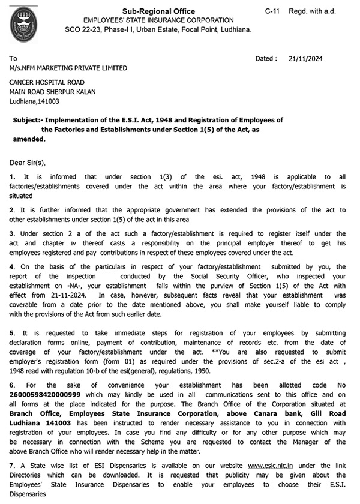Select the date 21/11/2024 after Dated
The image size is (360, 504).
[306, 59]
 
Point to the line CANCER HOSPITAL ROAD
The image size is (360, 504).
[47, 82]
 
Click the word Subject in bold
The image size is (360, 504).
[26, 120]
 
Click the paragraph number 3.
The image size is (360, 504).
[11, 232]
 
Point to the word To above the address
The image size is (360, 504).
[13, 59]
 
